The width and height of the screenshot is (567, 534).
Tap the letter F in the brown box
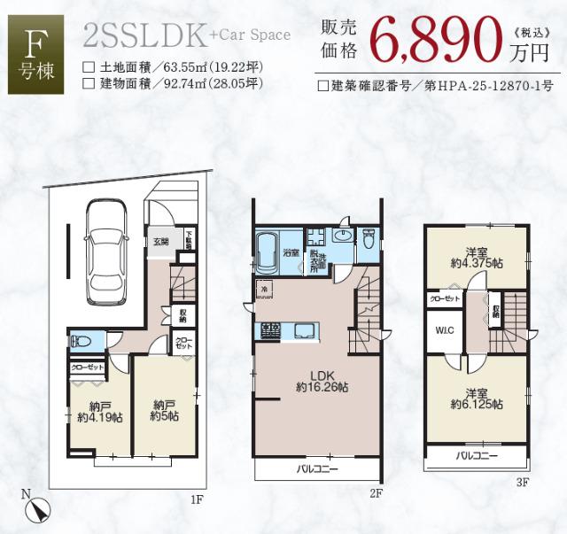pyautogui.click(x=35, y=41)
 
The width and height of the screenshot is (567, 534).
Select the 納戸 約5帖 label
pyautogui.click(x=164, y=409)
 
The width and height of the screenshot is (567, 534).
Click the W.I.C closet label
pyautogui.click(x=444, y=332)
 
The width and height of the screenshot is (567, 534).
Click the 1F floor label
pyautogui.click(x=197, y=499)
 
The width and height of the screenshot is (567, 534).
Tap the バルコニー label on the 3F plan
pyautogui.click(x=477, y=456)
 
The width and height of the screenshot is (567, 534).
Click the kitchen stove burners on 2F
pyautogui.click(x=270, y=330)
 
